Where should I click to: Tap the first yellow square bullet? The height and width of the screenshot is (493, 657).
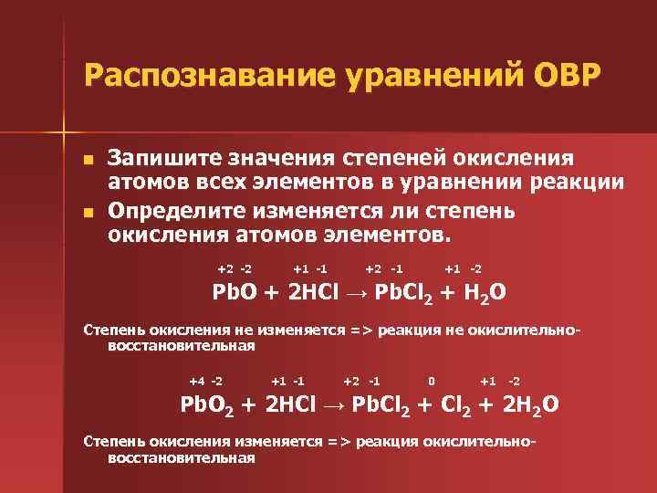pos(88,160)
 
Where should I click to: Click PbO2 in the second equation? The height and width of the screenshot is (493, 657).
pos(206,404)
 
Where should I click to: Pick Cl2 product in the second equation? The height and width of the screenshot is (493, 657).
pos(451,404)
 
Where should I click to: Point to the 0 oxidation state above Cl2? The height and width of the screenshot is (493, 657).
pos(431,380)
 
